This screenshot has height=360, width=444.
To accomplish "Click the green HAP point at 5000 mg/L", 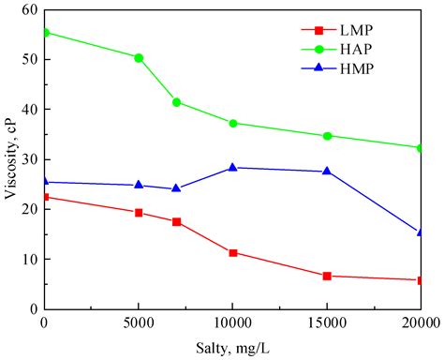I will (x=139, y=57).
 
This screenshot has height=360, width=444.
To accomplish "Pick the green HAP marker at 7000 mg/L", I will (x=176, y=102).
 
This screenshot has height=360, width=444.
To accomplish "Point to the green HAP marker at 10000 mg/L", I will (x=232, y=123).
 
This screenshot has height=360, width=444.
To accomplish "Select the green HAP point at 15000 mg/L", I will (x=327, y=136).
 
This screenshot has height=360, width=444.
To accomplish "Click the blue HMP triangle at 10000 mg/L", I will (x=232, y=167).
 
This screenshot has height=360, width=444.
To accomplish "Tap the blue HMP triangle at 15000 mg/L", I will (x=327, y=171).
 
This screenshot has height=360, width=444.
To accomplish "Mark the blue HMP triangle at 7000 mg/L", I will (x=176, y=188).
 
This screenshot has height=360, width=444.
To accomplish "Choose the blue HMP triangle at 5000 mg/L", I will (x=139, y=185).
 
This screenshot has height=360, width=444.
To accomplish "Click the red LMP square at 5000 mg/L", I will (x=139, y=213).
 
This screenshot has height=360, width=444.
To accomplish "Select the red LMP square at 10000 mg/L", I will (x=232, y=252).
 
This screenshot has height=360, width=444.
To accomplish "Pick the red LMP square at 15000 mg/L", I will (x=327, y=276).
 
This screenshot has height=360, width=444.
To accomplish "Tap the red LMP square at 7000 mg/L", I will (x=176, y=221).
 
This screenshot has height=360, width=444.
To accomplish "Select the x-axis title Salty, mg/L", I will (x=232, y=349).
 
